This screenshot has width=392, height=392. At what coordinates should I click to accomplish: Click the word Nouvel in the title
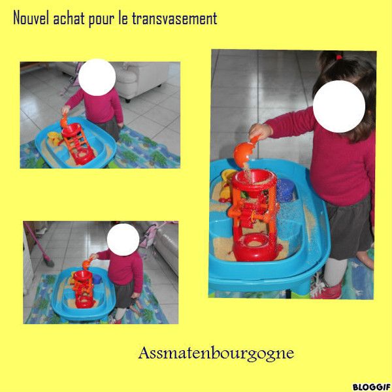(31, 18)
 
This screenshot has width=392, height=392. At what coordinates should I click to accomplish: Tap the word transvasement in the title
(174, 18)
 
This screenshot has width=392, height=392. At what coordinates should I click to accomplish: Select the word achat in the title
(69, 18)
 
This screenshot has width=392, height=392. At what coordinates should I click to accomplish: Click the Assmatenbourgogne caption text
(216, 353)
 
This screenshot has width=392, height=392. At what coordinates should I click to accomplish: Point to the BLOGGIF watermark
(372, 387)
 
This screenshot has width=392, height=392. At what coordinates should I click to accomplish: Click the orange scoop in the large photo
(245, 152)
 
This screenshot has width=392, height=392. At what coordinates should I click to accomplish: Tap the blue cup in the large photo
(285, 190)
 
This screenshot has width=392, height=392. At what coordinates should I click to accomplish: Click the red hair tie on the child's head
(339, 57)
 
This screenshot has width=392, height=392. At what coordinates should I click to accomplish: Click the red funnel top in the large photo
(254, 180)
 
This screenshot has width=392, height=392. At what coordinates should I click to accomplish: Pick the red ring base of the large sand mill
(255, 247)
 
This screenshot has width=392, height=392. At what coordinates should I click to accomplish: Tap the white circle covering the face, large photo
(339, 106)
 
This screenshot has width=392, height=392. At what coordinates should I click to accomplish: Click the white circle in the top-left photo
(97, 77)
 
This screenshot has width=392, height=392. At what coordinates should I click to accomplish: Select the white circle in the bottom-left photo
(123, 240)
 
